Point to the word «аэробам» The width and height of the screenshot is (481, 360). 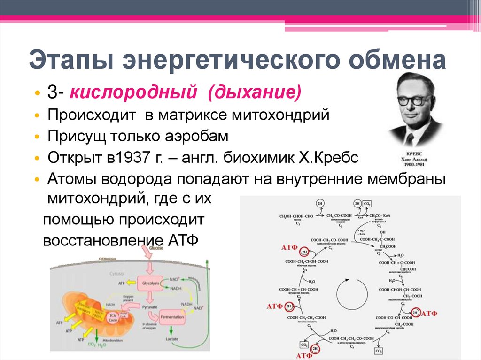(194, 137)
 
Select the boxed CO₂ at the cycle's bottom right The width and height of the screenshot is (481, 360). (378, 351)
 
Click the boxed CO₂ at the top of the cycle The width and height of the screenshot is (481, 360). (367, 204)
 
